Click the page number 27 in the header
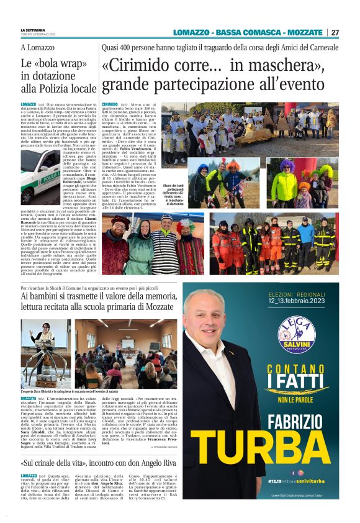pyautogui.click(x=335, y=32)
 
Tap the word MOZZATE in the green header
pyautogui.click(x=302, y=32)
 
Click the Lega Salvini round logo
pyautogui.click(x=296, y=335)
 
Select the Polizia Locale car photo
pyautogui.click(x=40, y=175)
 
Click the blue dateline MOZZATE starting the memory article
pyautogui.click(x=29, y=397)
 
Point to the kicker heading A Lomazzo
pyautogui.click(x=38, y=47)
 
